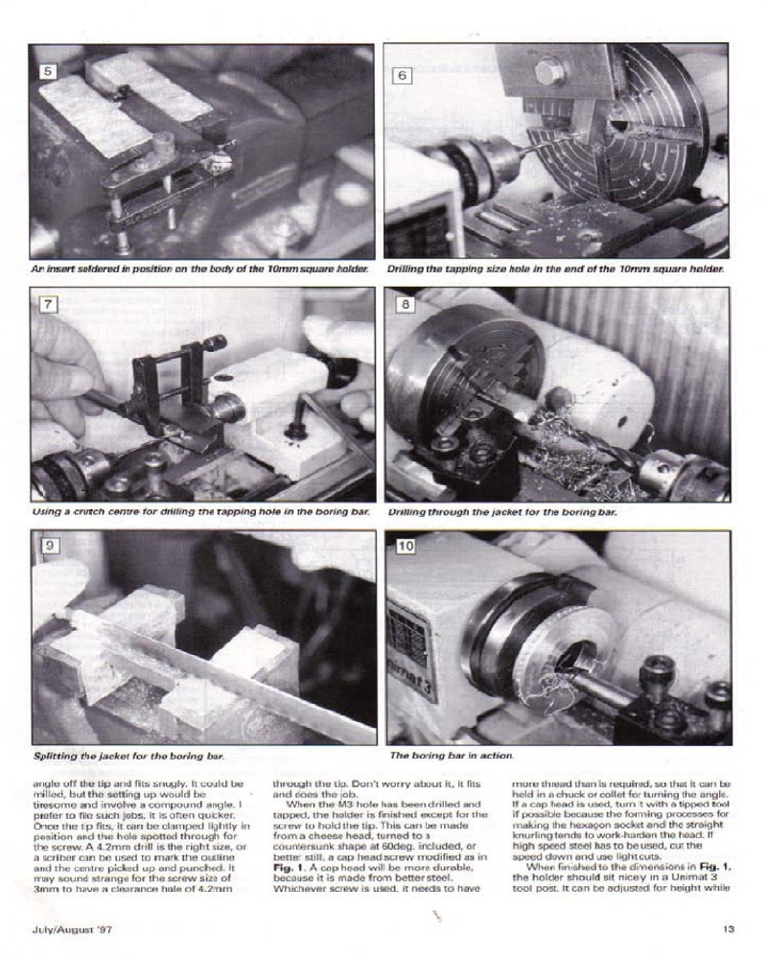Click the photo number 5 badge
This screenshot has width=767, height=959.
(x=47, y=70)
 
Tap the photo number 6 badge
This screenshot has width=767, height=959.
(x=403, y=74)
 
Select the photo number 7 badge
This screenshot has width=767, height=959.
(x=47, y=305)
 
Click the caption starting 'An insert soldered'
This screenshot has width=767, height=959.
(x=201, y=269)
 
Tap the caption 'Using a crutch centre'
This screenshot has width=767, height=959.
(x=201, y=512)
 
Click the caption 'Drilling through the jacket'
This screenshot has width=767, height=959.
(x=501, y=512)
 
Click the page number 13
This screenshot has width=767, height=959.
(x=729, y=927)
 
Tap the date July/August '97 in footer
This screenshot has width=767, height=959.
(x=65, y=927)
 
